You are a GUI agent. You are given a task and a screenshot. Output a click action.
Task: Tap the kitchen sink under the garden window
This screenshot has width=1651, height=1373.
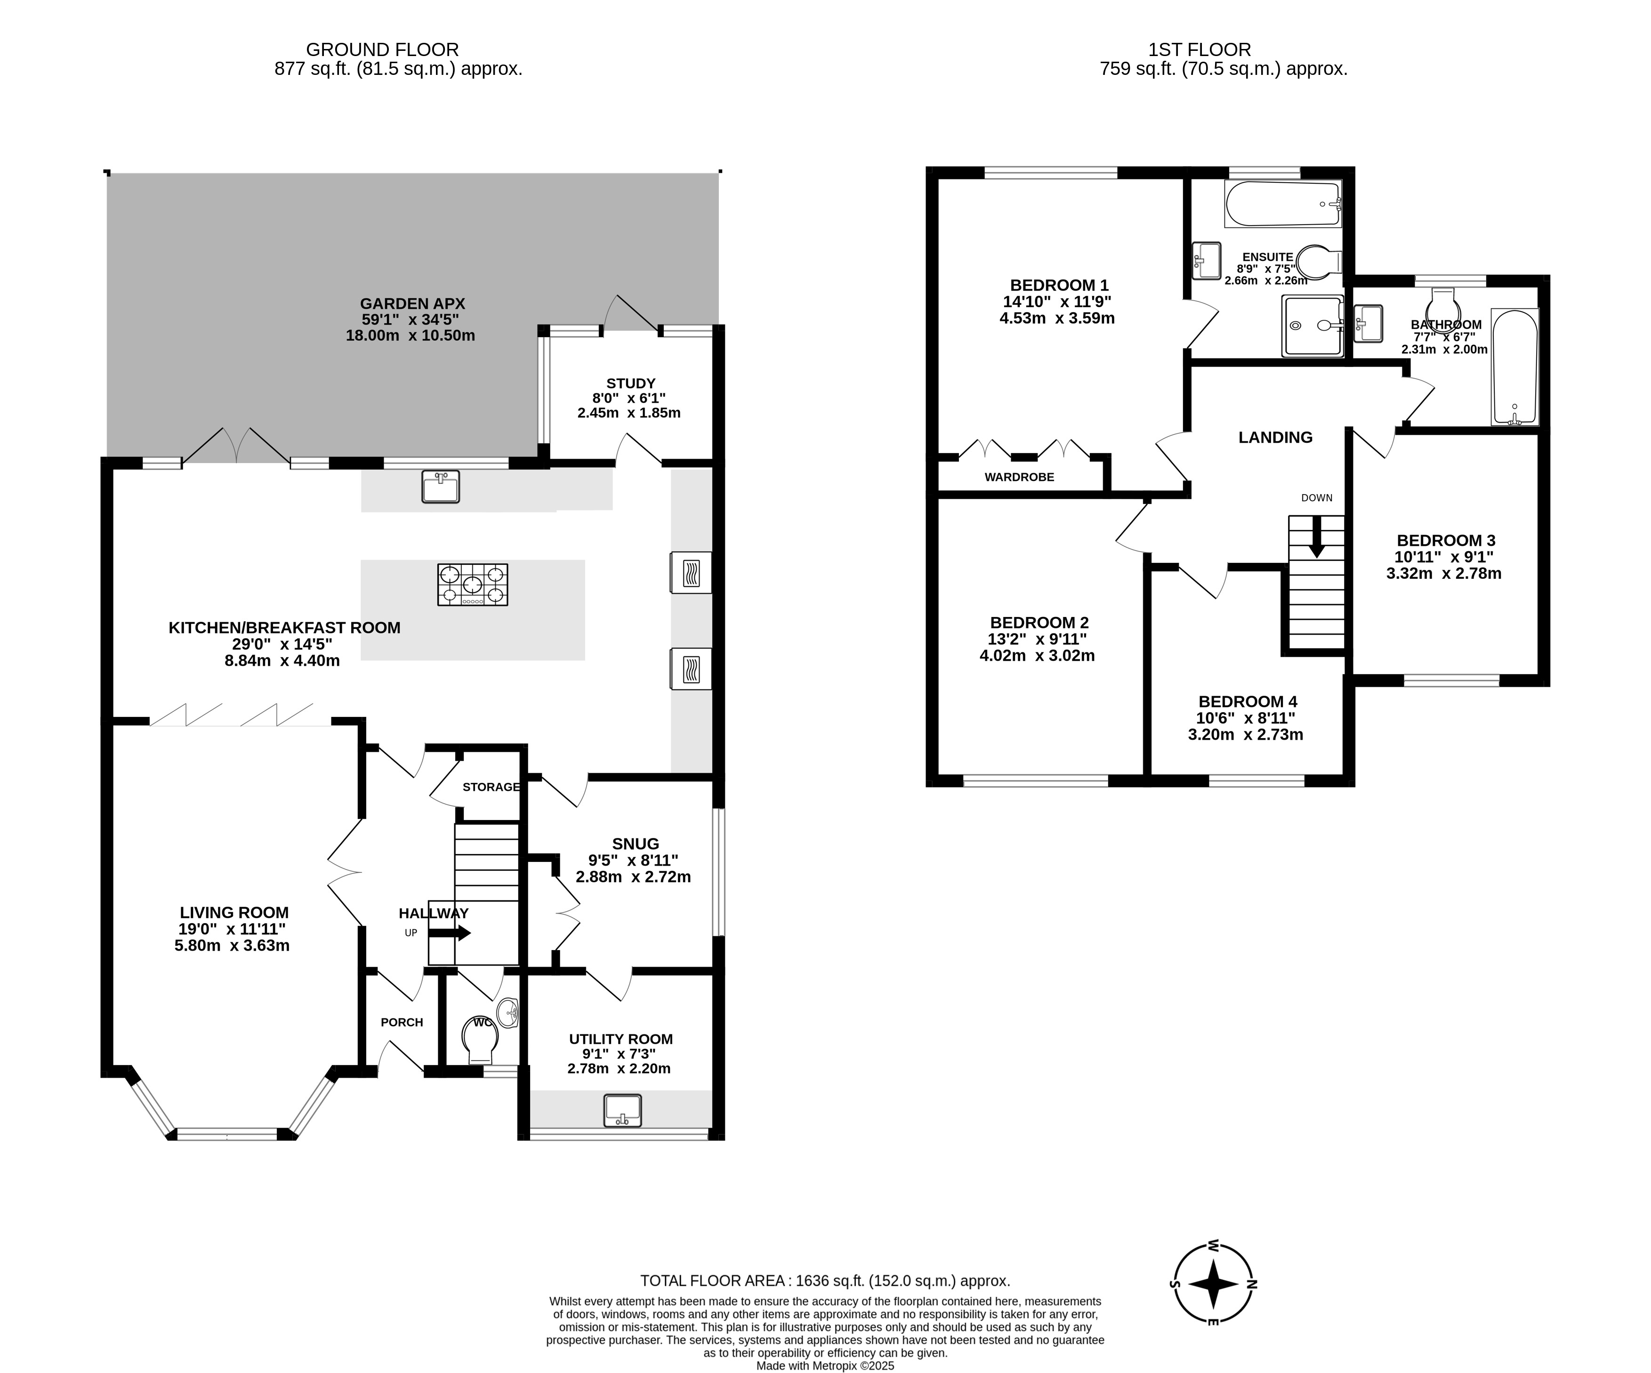point(440,487)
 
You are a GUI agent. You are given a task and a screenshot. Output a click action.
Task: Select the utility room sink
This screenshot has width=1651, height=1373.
point(623,1110)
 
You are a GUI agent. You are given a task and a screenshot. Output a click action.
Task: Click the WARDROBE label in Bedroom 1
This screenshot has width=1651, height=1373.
point(1020,477)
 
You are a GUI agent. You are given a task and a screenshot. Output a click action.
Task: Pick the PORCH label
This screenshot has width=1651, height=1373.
point(402,1022)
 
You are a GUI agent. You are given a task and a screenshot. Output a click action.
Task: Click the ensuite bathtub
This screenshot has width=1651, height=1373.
point(1283,204)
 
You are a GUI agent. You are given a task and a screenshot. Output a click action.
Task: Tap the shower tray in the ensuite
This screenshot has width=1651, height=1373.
point(1312,325)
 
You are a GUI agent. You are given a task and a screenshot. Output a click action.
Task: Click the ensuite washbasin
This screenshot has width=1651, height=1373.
point(1207,260)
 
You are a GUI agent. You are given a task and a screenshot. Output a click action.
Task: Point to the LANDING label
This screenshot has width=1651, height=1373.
point(1275,437)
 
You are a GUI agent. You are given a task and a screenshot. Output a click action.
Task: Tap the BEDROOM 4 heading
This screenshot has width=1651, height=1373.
point(1248,701)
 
